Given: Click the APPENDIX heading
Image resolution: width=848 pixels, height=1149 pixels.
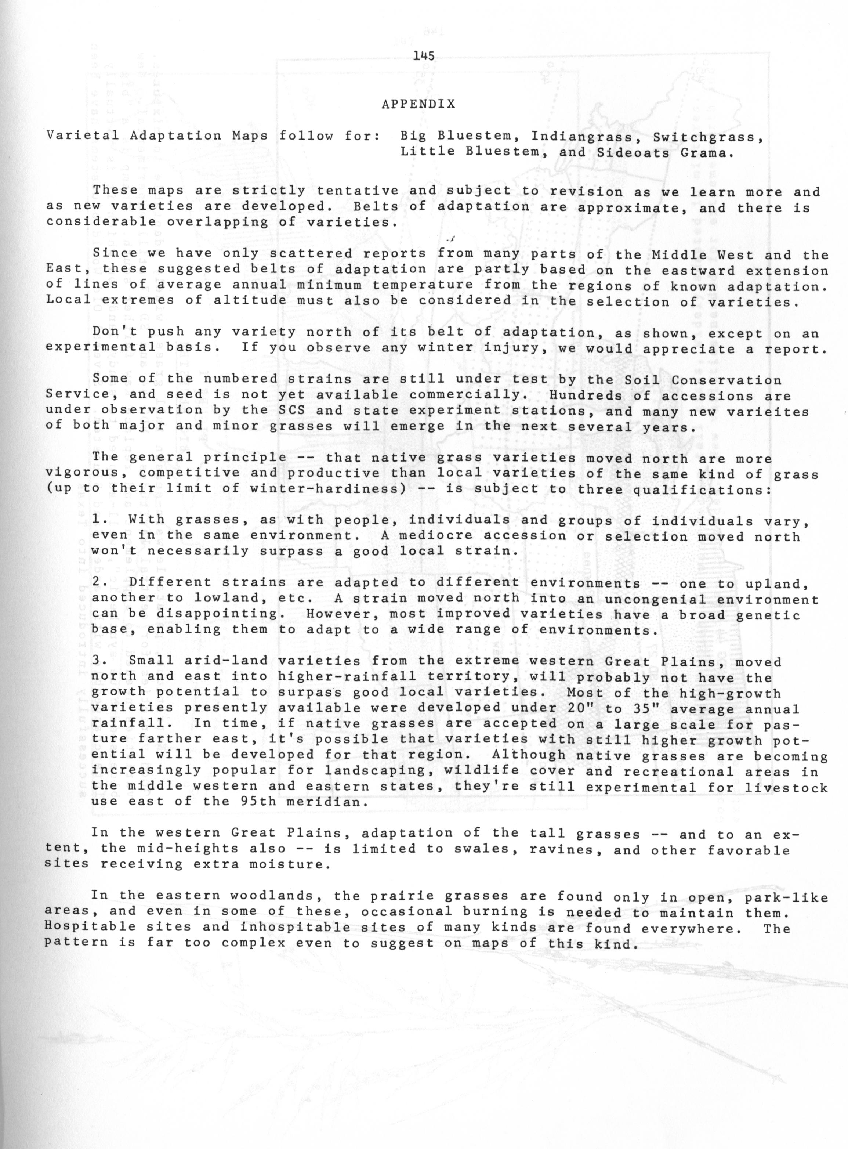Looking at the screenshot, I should [x=418, y=104].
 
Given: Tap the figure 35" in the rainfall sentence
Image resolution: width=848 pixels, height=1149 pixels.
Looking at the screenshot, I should [x=646, y=708].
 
